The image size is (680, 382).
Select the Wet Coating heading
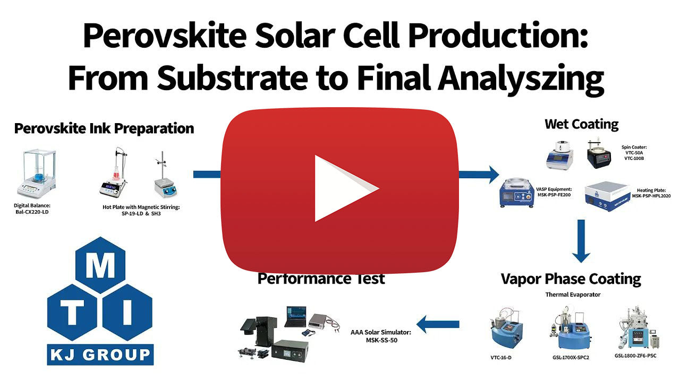[x=581, y=125]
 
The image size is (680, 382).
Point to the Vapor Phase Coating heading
[x=571, y=279]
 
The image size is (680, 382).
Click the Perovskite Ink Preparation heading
[x=104, y=128]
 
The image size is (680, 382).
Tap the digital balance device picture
[x=37, y=173]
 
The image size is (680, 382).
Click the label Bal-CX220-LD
[x=32, y=212]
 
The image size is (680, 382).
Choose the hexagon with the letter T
[x=72, y=312]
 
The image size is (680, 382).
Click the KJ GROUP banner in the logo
[x=100, y=355]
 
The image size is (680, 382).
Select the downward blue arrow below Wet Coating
[x=581, y=241]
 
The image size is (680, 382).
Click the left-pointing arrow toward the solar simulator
[x=438, y=324]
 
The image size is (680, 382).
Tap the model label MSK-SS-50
[x=381, y=340]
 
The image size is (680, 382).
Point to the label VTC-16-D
[x=501, y=358]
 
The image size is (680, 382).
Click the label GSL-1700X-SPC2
[x=571, y=358]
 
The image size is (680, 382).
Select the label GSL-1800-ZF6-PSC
[x=635, y=355]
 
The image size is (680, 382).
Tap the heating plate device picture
[x=607, y=196]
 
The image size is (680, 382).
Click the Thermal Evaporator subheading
[x=573, y=294]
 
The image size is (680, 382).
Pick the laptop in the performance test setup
[x=296, y=317]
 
